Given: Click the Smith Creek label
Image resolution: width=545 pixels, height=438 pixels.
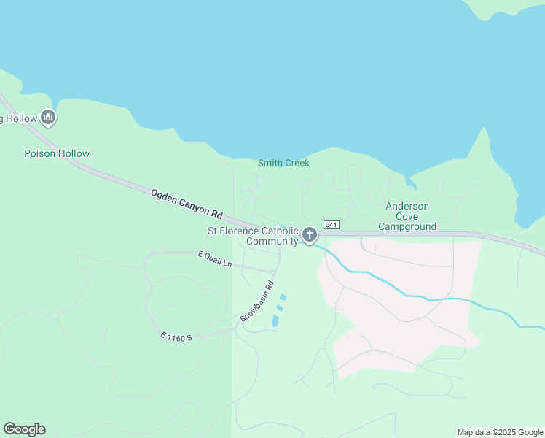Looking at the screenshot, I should click(x=283, y=163).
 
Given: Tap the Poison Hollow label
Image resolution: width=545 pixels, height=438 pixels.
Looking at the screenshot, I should click(x=57, y=153).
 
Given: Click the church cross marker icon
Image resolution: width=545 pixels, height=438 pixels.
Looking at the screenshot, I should click(x=310, y=235).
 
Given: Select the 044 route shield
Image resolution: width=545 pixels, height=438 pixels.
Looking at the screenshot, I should click(x=332, y=225).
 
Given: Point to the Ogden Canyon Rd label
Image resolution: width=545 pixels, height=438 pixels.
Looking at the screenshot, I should click(x=186, y=204).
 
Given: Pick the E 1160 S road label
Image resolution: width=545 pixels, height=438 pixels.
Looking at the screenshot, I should click(x=176, y=337).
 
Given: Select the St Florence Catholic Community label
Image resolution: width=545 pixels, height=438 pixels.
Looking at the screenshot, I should click(x=254, y=236).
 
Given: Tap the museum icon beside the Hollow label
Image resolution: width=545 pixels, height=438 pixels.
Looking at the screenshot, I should click(x=48, y=117).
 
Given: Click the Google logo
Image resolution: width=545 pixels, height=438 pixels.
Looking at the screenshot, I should click(x=24, y=429).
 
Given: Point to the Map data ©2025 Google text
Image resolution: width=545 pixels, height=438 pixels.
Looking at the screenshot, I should click(x=500, y=432).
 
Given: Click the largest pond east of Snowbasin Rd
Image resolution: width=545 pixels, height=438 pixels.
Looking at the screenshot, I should click(x=275, y=320).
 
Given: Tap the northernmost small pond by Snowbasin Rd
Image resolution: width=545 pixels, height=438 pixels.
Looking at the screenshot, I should click(x=283, y=296).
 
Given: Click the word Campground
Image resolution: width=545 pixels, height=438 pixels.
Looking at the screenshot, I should click(x=407, y=226).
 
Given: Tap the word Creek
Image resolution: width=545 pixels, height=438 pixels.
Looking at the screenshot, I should click(x=297, y=163).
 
